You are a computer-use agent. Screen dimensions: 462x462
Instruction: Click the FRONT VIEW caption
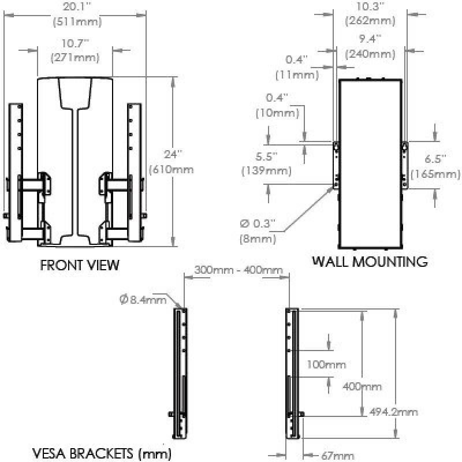(79, 265)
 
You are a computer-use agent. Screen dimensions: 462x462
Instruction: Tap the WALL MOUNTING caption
(370, 261)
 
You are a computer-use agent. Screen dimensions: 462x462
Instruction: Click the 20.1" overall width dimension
(76, 7)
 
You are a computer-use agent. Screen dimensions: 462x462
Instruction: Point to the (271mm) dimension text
(76, 57)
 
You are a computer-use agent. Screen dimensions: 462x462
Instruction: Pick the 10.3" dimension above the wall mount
(370, 7)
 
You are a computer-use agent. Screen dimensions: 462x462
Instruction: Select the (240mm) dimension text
(370, 55)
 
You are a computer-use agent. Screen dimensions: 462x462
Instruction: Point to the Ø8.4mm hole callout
(143, 299)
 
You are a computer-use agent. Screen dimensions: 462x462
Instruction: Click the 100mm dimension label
(326, 364)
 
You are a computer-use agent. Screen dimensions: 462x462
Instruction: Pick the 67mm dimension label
(337, 456)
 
